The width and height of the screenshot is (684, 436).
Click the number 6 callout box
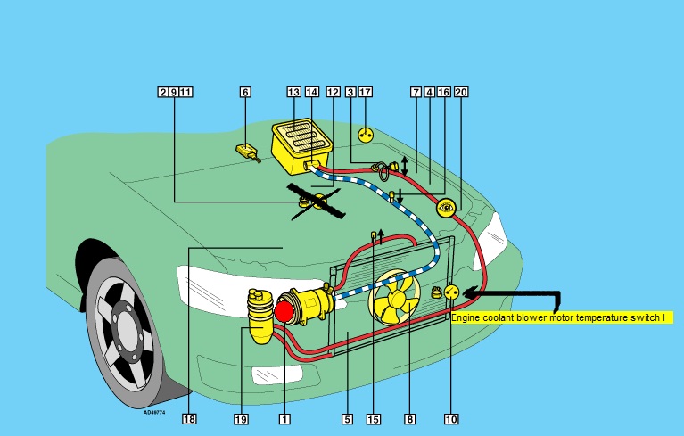click(245, 92)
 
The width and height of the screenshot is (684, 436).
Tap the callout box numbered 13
click(293, 92)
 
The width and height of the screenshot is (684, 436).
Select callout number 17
click(365, 92)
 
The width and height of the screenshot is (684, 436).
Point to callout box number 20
click(460, 92)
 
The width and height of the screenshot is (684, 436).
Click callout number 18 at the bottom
click(189, 417)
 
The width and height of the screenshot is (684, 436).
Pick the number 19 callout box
click(241, 417)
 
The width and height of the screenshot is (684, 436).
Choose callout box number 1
click(284, 417)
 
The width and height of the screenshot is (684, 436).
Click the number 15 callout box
click(374, 417)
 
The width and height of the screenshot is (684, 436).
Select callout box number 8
click(409, 417)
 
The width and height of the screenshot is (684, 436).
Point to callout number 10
click(450, 417)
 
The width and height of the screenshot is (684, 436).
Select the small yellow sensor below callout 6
click(246, 151)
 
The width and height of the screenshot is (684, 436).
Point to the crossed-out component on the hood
click(312, 202)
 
